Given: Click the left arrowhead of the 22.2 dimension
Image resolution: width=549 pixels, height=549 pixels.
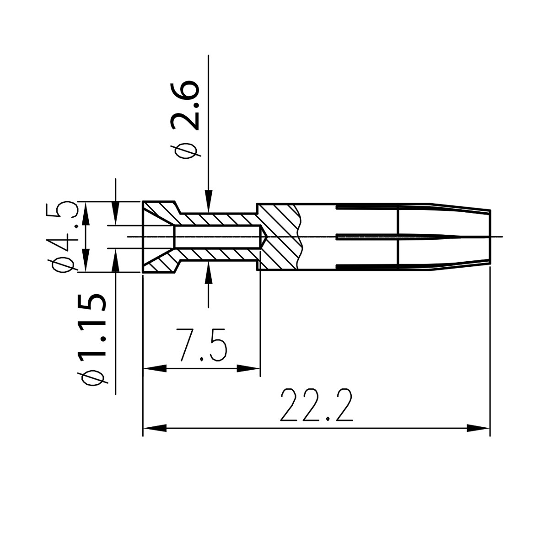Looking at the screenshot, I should click(x=154, y=429).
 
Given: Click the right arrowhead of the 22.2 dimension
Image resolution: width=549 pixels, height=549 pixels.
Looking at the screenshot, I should click(x=479, y=429).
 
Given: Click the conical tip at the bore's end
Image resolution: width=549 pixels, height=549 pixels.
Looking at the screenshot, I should click(x=264, y=237).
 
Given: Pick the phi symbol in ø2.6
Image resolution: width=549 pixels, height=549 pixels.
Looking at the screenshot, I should click(x=185, y=151).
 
